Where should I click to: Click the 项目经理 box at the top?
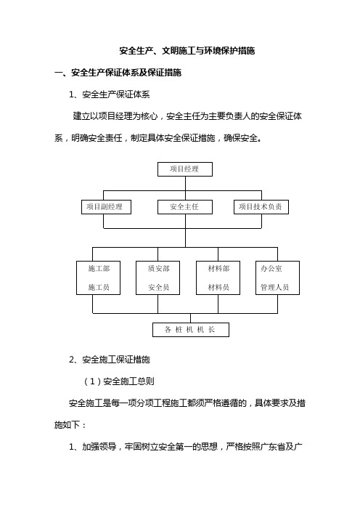pos(185,169)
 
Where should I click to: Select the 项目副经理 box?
pos(106,207)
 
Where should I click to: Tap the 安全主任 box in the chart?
pos(185,207)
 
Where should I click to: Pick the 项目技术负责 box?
pos(261,207)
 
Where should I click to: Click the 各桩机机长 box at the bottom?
pos(191,330)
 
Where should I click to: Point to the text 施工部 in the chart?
pos(99,269)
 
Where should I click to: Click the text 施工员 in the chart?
pos(99,287)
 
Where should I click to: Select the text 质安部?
pos(158,269)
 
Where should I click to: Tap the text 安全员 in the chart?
pos(158,287)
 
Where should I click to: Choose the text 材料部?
pos(218,269)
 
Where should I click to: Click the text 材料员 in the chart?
pos(218,287)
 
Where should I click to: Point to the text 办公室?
pos(271,269)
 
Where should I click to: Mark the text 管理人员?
pos(274,287)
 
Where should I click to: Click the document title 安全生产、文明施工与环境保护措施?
pos(187,51)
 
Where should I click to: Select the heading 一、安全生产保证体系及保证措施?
pos(118,73)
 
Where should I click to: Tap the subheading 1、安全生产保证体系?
pos(110,94)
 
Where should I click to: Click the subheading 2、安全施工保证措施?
pos(110,360)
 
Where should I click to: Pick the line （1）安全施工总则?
pos(119,381)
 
